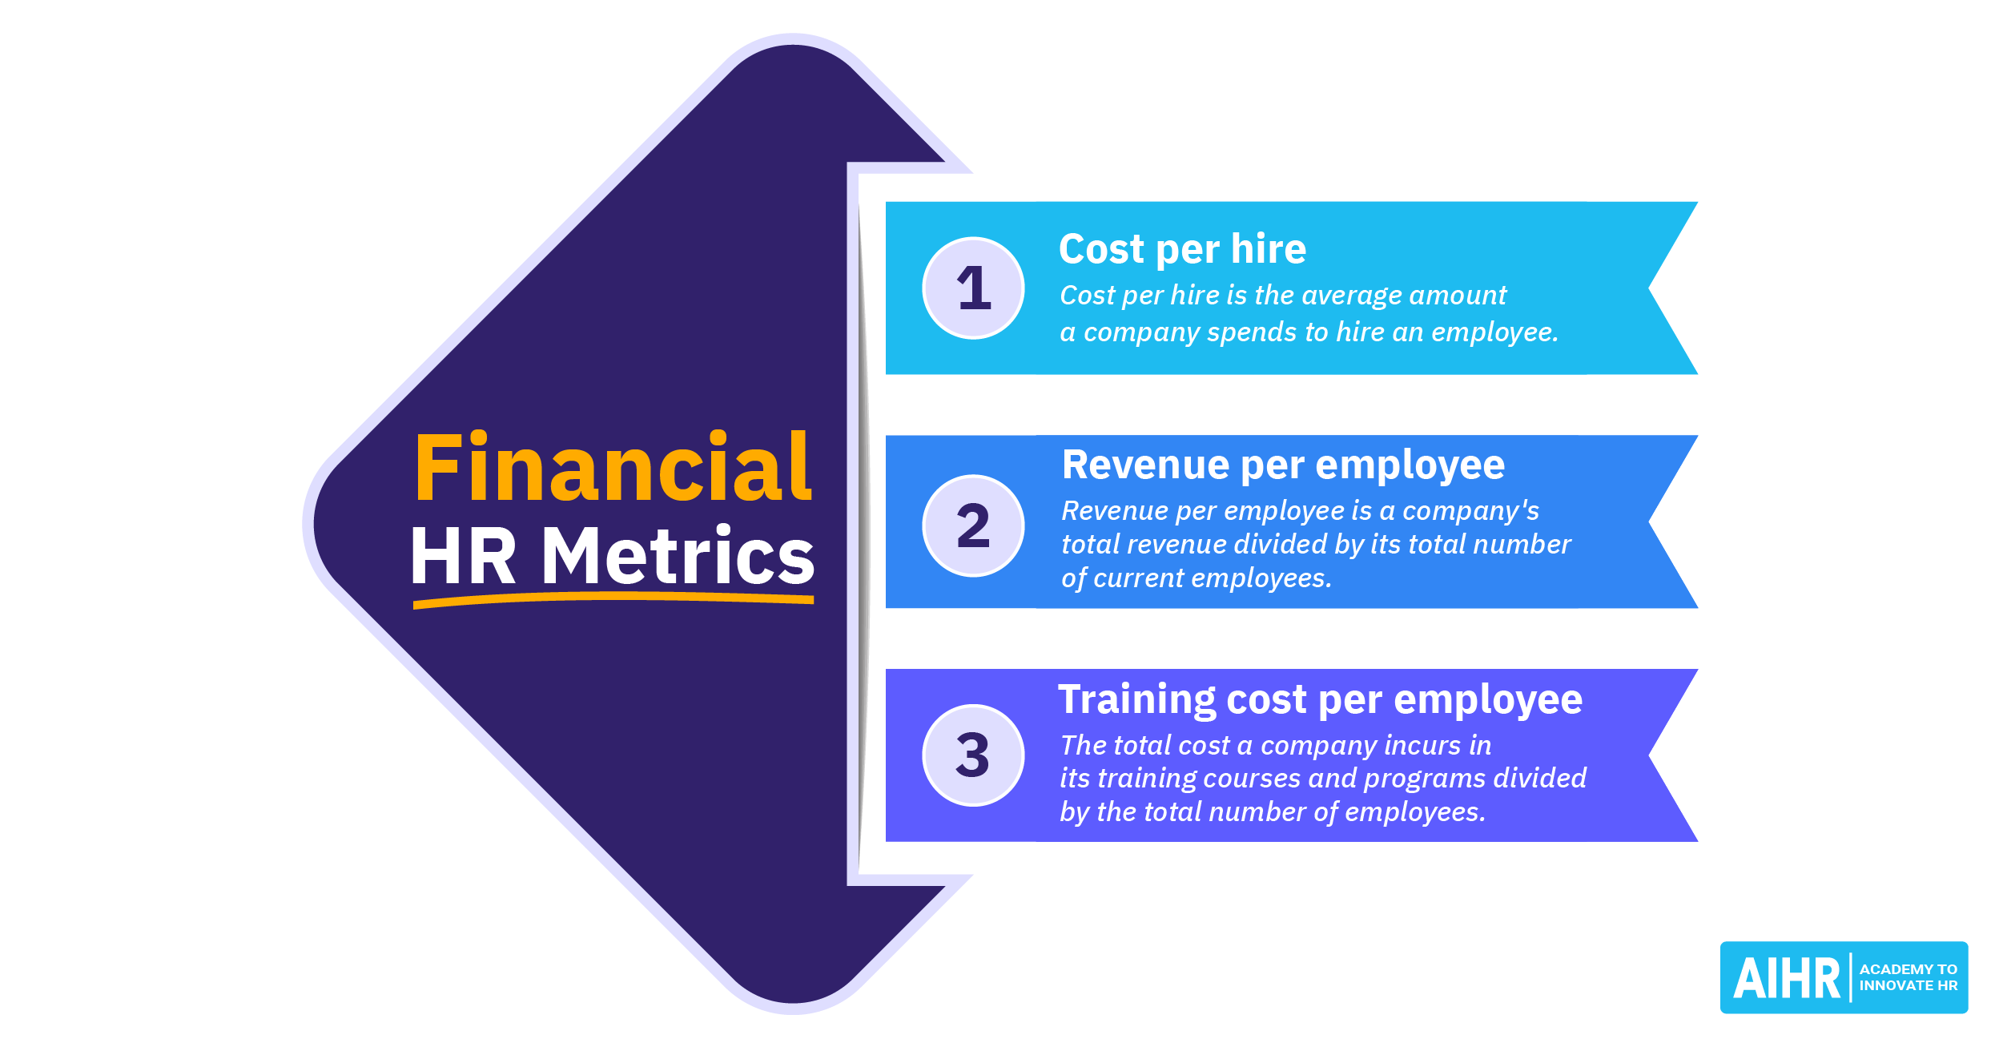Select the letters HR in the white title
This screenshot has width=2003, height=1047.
(x=464, y=556)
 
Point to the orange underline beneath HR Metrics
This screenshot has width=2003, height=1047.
(x=613, y=600)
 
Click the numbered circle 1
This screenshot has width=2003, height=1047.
(x=973, y=288)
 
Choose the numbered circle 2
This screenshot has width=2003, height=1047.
(x=973, y=526)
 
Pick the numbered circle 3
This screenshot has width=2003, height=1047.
(x=973, y=755)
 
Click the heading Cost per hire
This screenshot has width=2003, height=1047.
(x=1182, y=249)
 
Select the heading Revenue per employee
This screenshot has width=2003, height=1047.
(x=1283, y=465)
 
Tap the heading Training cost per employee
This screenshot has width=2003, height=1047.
(x=1320, y=700)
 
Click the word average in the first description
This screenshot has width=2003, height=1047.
(x=1357, y=296)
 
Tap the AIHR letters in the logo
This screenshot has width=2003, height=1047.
(x=1787, y=978)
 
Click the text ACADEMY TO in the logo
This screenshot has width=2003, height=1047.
(x=1908, y=969)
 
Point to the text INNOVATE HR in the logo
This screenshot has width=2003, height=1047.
(x=1908, y=986)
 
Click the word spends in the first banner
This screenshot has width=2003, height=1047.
(x=1251, y=333)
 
